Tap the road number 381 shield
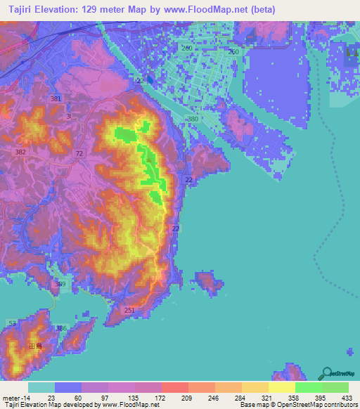(56, 99)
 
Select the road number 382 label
(20, 152)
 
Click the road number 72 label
(79, 152)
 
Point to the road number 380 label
(193, 120)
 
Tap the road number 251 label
(129, 310)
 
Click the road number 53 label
(12, 323)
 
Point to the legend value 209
(176, 398)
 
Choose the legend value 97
(96, 398)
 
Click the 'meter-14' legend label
(15, 398)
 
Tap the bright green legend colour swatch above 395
(308, 387)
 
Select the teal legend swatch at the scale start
(41, 387)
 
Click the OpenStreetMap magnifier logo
(326, 373)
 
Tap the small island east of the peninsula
(207, 283)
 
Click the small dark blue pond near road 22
(150, 80)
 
